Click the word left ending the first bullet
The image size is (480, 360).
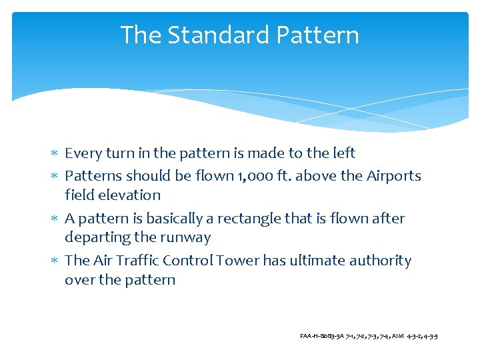pyautogui.click(x=343, y=153)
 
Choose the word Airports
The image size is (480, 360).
pyautogui.click(x=392, y=176)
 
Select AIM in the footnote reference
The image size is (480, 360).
pyautogui.click(x=398, y=336)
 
